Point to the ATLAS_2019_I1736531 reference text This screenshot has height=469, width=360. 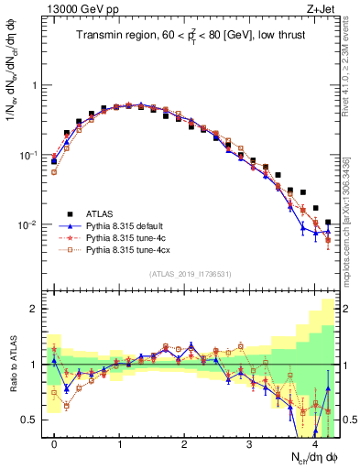pos(190,274)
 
